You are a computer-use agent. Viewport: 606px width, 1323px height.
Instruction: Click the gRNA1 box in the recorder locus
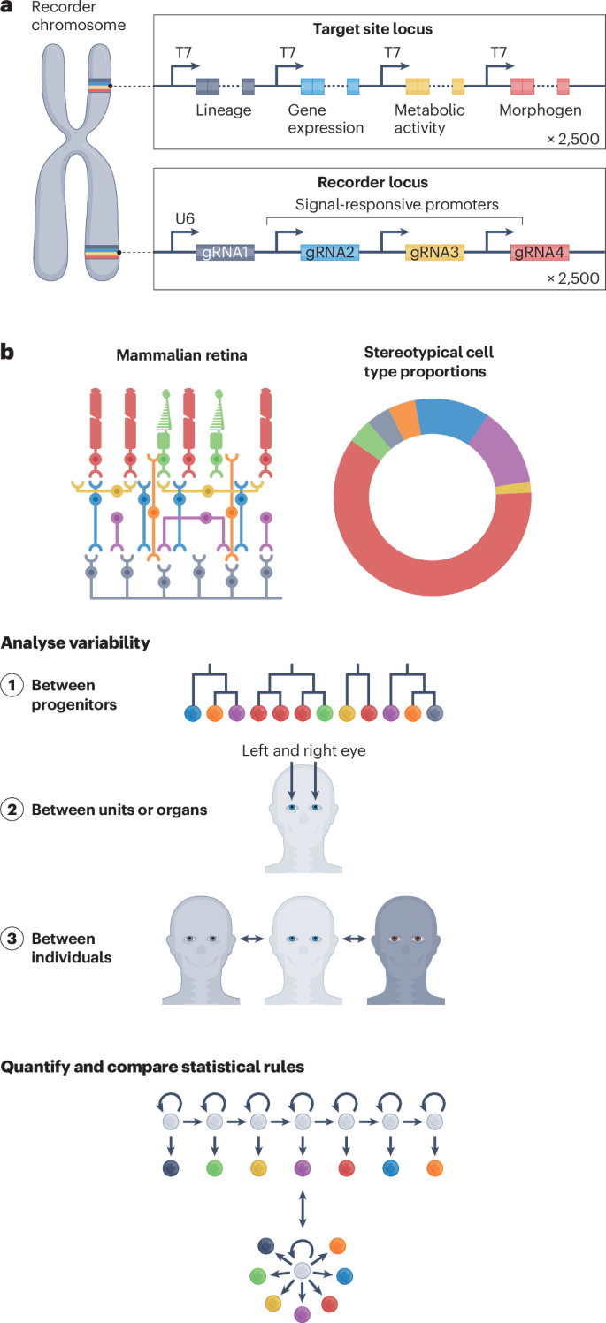pyautogui.click(x=226, y=253)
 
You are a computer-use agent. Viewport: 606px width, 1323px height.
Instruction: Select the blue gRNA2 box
pyautogui.click(x=330, y=253)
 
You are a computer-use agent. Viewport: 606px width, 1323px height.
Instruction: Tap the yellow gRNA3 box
pyautogui.click(x=435, y=253)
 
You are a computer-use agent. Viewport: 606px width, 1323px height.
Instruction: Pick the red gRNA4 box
pyautogui.click(x=539, y=253)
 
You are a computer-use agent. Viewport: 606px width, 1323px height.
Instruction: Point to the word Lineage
pyautogui.click(x=224, y=110)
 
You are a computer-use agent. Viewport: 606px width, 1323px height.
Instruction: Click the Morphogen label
pyautogui.click(x=541, y=110)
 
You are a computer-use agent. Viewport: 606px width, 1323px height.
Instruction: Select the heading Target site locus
pyautogui.click(x=373, y=29)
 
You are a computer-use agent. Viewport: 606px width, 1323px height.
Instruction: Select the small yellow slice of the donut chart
pyautogui.click(x=524, y=488)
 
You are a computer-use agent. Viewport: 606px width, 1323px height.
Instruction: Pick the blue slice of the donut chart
pyautogui.click(x=451, y=419)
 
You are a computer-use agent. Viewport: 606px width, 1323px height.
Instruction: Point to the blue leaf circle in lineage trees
pyautogui.click(x=189, y=712)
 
